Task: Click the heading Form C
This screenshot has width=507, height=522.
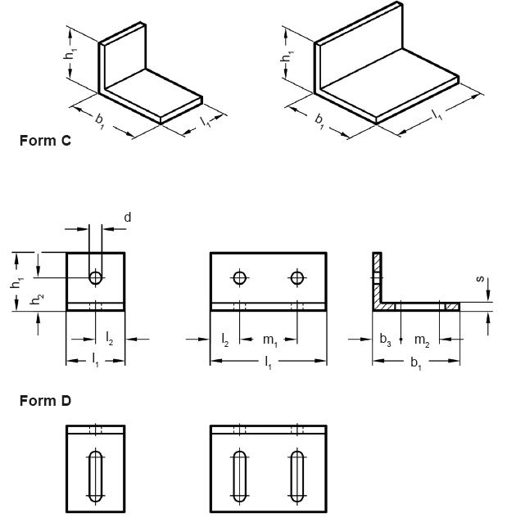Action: tap(45, 141)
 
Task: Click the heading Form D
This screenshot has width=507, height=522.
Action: tap(45, 401)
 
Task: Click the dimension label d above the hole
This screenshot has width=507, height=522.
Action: tap(127, 217)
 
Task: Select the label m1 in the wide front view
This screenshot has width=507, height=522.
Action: tap(269, 339)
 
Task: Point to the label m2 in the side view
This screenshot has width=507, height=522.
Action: tap(421, 339)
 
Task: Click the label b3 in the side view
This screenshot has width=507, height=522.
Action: tap(385, 339)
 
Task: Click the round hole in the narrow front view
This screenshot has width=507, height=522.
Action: tap(96, 277)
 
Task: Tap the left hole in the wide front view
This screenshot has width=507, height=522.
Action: tap(239, 277)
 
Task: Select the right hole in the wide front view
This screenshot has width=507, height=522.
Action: tap(297, 277)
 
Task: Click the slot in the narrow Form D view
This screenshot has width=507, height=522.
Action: tap(96, 475)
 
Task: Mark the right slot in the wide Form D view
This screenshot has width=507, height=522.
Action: tap(297, 475)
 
